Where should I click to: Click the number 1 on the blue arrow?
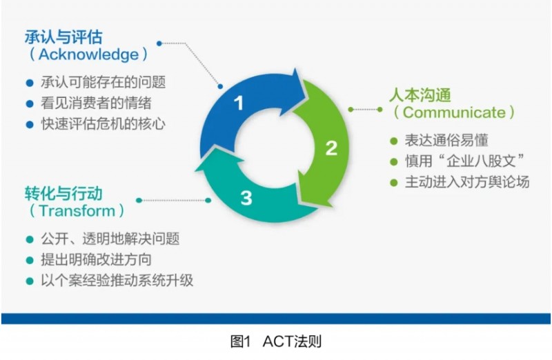[239, 104]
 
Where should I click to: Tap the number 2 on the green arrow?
[331, 148]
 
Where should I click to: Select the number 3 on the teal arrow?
[246, 199]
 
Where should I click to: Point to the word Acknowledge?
[88, 54]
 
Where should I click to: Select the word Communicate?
[454, 112]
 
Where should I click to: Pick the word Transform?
[77, 210]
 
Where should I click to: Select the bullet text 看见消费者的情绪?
[96, 104]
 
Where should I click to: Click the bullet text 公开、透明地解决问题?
[110, 239]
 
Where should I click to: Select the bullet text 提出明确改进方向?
[96, 260]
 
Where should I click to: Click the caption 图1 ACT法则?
[276, 343]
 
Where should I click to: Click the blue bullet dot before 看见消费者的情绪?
[29, 104]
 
